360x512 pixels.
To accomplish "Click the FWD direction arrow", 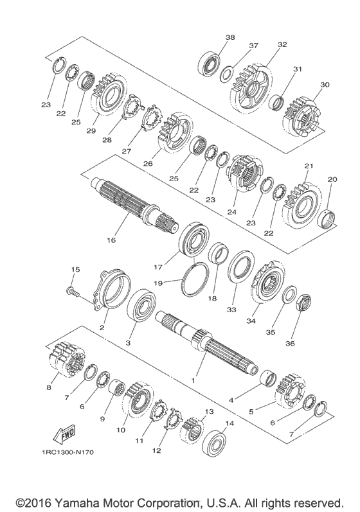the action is point(64,435).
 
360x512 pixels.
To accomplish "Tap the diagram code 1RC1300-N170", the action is point(67,452).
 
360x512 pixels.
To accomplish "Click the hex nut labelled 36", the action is point(304,304).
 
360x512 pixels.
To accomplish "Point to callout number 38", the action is point(230,37).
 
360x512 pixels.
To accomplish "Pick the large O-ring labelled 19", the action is point(195,279).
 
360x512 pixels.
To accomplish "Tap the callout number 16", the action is point(111,240).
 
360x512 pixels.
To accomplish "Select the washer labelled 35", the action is point(289,294).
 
